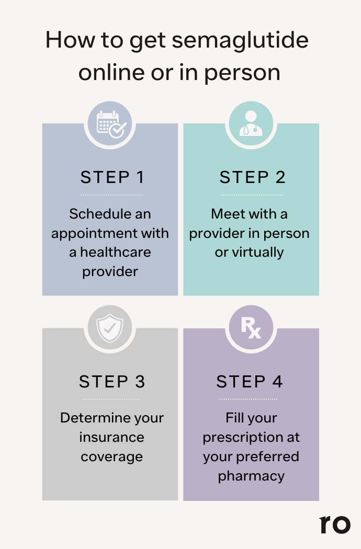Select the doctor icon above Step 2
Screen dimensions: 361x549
(x=251, y=123)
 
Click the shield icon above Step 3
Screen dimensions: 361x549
(x=110, y=328)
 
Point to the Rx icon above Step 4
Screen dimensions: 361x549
(x=251, y=328)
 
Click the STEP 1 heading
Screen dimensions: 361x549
(x=112, y=177)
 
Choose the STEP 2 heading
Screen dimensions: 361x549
(x=252, y=177)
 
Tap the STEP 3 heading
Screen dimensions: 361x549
(x=112, y=382)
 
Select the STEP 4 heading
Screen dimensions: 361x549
(x=249, y=382)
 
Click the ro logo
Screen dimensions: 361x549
(x=335, y=524)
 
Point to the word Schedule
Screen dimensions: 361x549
(x=95, y=213)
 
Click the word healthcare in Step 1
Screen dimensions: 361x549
(x=116, y=252)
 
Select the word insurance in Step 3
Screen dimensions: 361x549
(x=112, y=437)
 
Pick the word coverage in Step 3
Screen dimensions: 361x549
(x=112, y=457)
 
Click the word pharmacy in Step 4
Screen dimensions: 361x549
(x=251, y=476)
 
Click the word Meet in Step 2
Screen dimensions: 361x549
(x=225, y=213)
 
